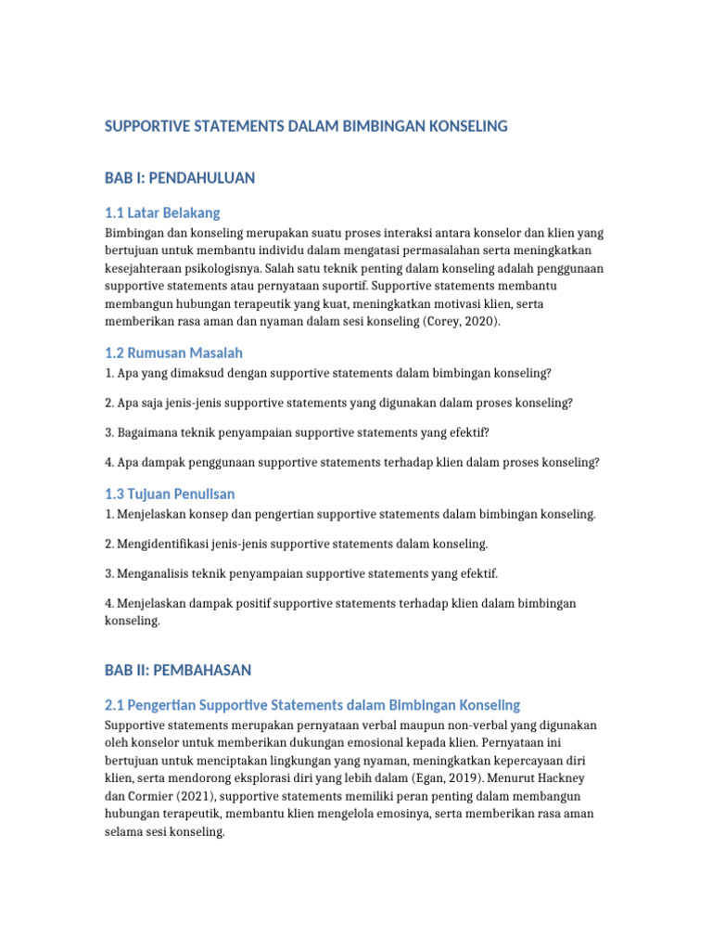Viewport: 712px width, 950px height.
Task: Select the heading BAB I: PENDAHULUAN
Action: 180,177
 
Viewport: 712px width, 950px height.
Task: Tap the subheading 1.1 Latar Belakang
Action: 162,212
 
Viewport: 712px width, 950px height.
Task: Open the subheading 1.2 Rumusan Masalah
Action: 174,353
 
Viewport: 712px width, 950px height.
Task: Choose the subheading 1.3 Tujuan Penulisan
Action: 170,494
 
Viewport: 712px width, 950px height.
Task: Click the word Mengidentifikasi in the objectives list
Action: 165,544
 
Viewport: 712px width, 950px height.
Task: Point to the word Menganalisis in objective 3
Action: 155,573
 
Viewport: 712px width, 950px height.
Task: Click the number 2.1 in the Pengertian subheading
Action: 116,705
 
